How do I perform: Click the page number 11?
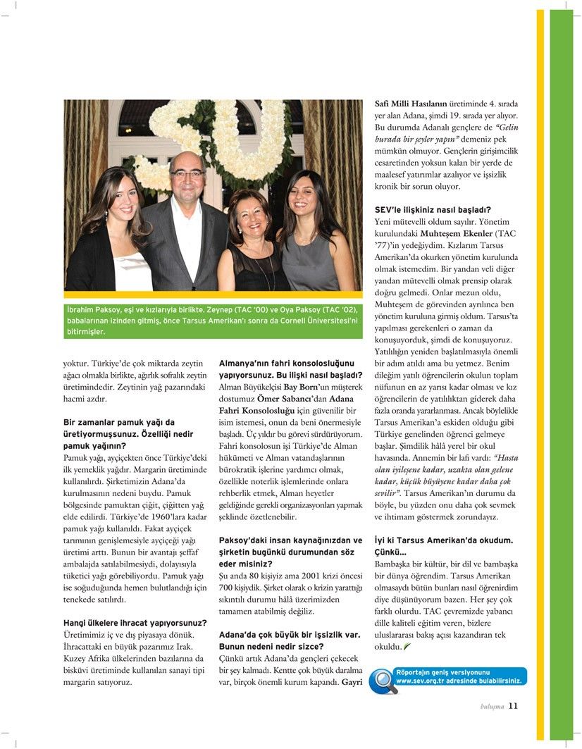click(513, 706)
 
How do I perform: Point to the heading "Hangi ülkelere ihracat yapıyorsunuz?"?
click(135, 623)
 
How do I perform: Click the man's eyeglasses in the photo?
click(187, 173)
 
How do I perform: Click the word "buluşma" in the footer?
click(492, 707)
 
